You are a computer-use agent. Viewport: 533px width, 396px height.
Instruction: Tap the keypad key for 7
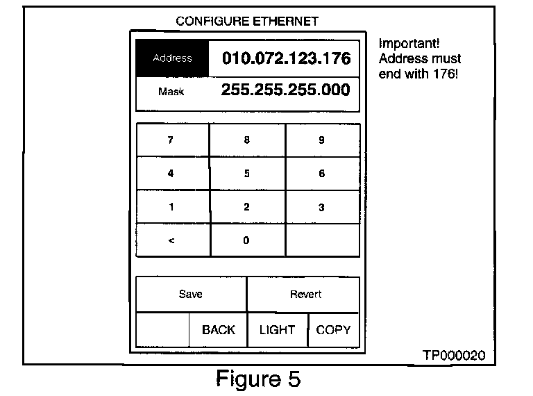click(x=171, y=140)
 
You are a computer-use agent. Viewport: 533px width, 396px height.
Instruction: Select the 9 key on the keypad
click(x=322, y=140)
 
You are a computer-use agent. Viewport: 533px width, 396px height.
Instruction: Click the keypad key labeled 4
click(x=171, y=174)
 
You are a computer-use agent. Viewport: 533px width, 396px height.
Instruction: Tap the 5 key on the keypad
click(x=247, y=174)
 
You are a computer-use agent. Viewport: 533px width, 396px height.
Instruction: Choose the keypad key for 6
click(x=322, y=174)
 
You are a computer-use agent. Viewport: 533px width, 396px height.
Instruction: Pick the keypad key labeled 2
click(x=247, y=207)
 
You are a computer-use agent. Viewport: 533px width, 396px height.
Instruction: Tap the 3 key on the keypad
click(x=322, y=207)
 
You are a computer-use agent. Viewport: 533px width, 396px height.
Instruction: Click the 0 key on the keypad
click(x=247, y=240)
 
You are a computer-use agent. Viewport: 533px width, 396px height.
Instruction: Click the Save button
click(x=191, y=295)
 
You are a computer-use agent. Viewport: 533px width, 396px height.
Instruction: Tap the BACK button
click(x=219, y=330)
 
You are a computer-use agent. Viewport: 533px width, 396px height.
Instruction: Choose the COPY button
click(x=333, y=330)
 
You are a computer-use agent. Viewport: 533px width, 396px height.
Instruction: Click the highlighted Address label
click(x=172, y=58)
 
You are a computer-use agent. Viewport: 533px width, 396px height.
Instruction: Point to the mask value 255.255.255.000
click(x=285, y=90)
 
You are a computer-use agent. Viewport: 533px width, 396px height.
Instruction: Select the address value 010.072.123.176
click(x=286, y=58)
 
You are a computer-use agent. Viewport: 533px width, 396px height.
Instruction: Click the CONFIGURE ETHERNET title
click(x=247, y=22)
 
